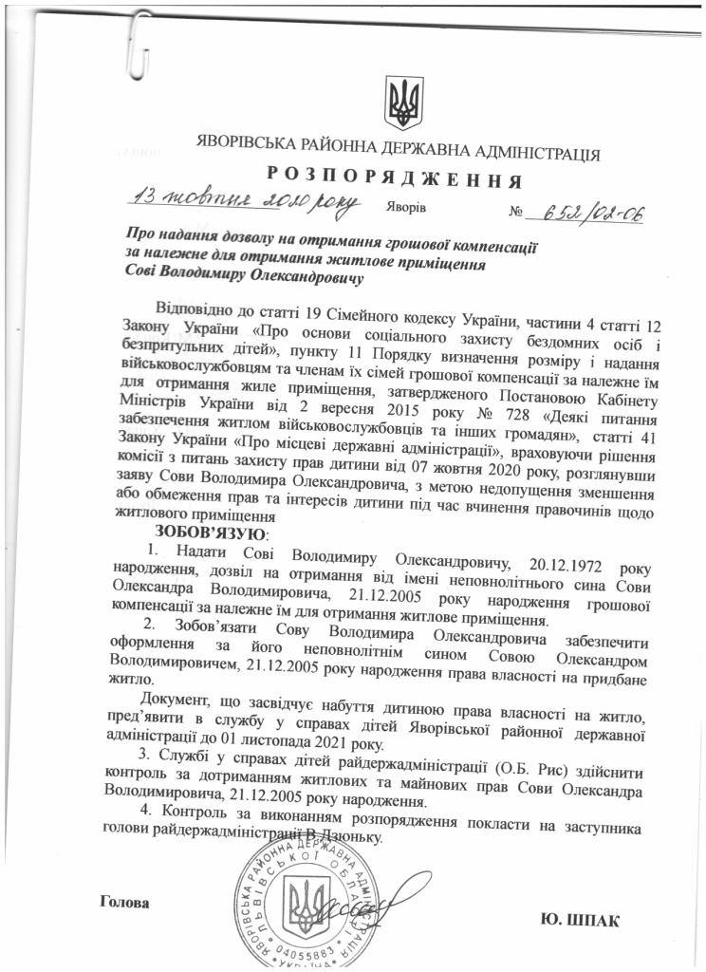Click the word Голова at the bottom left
click(124, 901)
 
